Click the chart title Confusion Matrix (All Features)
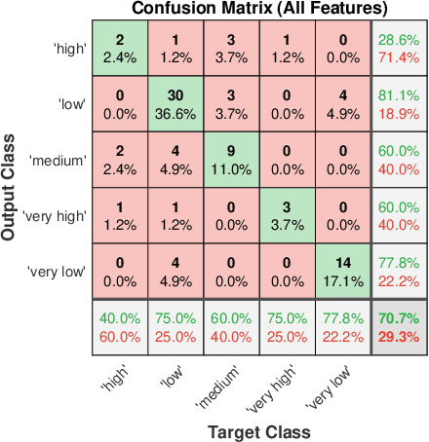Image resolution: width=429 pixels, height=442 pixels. [246, 9]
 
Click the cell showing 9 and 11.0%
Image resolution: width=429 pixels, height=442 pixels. [232, 159]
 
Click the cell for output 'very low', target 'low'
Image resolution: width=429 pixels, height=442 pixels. [176, 269]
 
